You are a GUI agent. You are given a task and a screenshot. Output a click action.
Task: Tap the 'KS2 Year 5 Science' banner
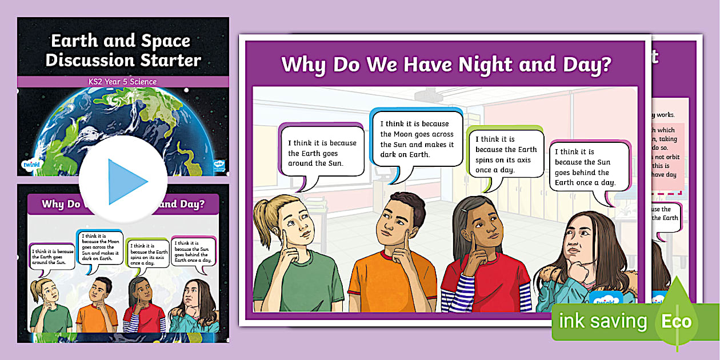122,82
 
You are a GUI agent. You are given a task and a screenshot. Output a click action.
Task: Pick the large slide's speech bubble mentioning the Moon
417,139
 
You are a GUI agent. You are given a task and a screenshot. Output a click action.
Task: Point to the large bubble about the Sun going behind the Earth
589,167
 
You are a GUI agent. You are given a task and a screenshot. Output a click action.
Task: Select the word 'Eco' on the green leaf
677,321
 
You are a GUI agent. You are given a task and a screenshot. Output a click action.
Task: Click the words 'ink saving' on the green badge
602,322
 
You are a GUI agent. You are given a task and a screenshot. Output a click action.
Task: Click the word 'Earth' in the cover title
73,41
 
